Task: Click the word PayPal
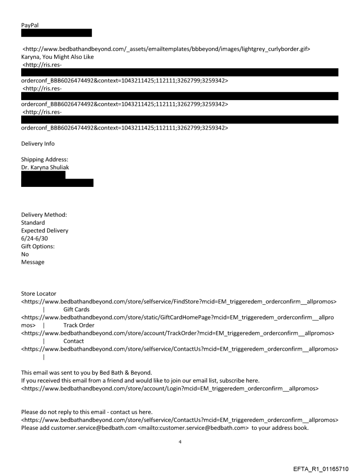pyautogui.click(x=30, y=25)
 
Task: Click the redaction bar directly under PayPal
pyautogui.click(x=56, y=33)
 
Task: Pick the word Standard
pyautogui.click(x=33, y=223)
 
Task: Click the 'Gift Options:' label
pyautogui.click(x=38, y=246)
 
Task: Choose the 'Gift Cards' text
pyautogui.click(x=76, y=309)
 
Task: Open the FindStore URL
pyautogui.click(x=180, y=302)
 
